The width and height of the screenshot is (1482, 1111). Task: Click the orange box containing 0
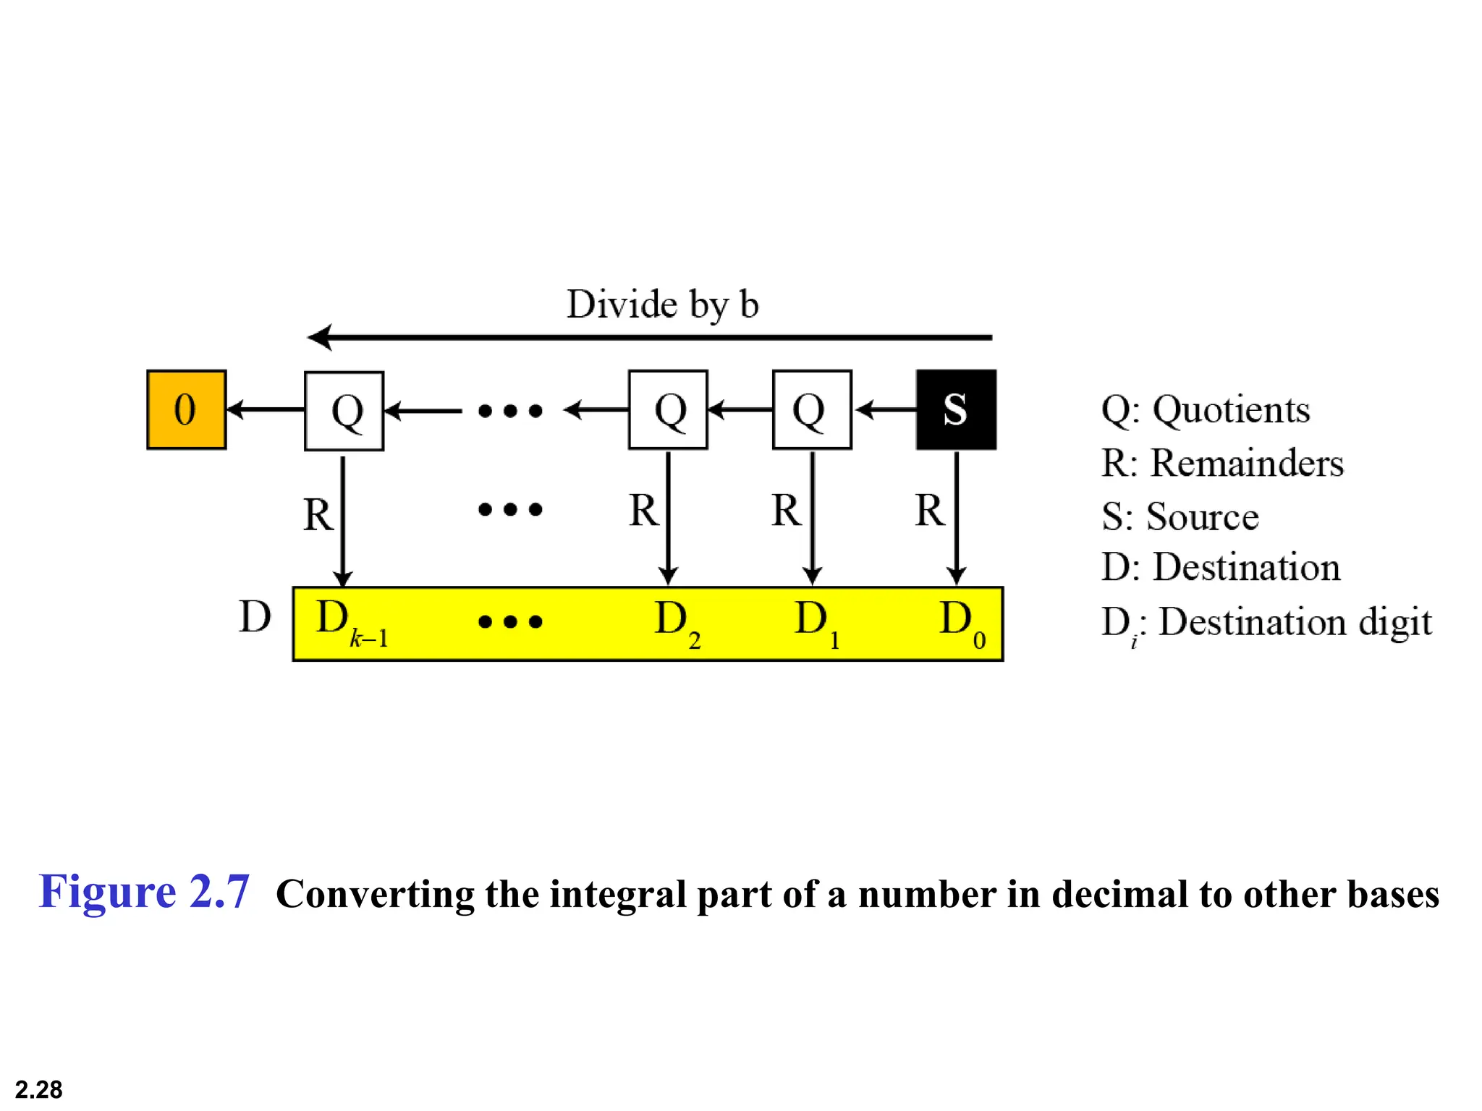point(186,409)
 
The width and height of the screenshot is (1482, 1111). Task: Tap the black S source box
point(955,409)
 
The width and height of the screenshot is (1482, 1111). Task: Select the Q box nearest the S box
point(811,409)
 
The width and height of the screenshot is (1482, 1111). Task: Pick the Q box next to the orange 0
point(344,411)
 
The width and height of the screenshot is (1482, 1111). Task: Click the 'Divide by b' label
point(662,304)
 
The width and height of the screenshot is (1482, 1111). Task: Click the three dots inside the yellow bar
point(510,622)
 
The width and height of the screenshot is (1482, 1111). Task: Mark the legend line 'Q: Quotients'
point(1205,409)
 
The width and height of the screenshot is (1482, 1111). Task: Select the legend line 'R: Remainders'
point(1221,463)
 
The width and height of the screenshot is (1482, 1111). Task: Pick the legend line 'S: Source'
point(1180,516)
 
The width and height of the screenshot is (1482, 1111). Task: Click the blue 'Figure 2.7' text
point(144,891)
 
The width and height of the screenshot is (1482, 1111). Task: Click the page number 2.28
point(38,1089)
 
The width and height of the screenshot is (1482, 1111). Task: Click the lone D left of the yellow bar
point(255,617)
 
